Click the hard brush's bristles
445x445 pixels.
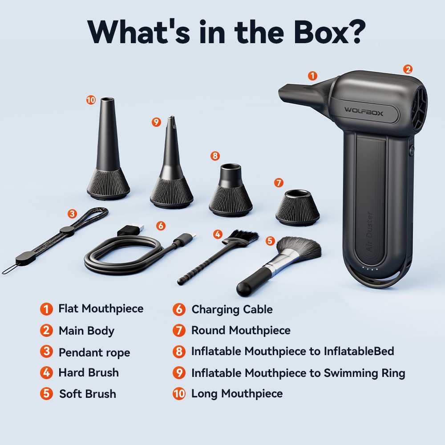point(243,237)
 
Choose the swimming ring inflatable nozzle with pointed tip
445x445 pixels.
point(171,165)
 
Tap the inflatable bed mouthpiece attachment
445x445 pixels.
point(231,190)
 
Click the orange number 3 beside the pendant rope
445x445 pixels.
point(72,214)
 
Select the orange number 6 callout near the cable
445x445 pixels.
point(161,226)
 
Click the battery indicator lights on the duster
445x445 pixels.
point(370,268)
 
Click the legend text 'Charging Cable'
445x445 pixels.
point(232,309)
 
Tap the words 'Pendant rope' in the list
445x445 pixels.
point(94,352)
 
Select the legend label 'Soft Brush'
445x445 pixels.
point(88,394)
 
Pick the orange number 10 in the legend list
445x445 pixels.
point(179,394)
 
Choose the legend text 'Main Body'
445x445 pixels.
point(86,331)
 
